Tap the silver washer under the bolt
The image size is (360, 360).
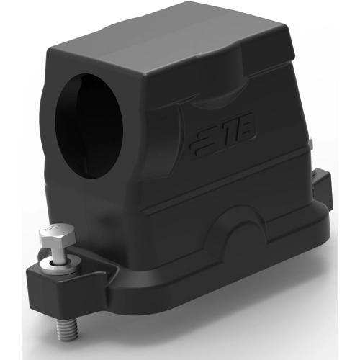60,264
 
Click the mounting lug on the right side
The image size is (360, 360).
322,189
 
